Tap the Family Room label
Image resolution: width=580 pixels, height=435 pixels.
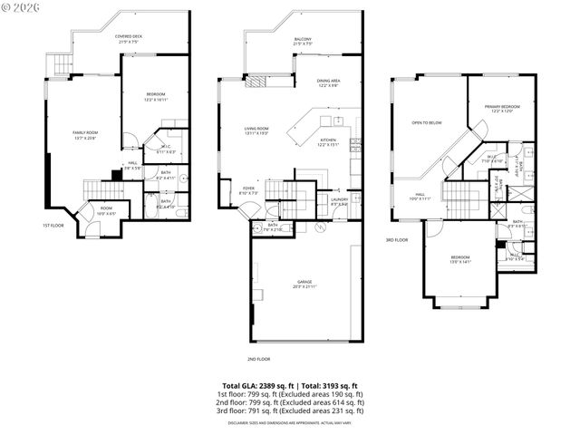click(85, 135)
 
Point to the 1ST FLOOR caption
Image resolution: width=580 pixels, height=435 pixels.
click(53, 226)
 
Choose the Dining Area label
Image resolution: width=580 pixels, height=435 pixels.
click(329, 83)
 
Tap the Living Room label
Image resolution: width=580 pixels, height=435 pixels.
click(256, 130)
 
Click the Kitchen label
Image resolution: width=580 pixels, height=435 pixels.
click(327, 142)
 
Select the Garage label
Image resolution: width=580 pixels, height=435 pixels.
click(304, 284)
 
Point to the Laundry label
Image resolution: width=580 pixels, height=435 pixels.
click(339, 200)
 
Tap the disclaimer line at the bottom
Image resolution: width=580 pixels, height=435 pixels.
click(289, 422)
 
